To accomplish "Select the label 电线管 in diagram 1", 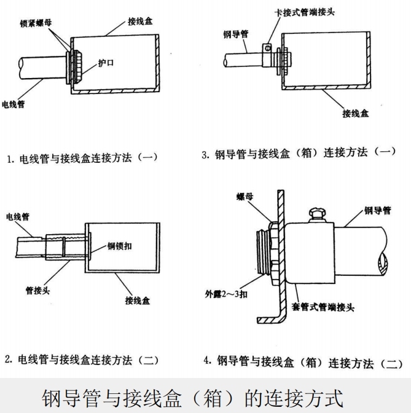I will coord(14,104).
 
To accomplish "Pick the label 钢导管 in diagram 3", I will coord(235,34).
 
